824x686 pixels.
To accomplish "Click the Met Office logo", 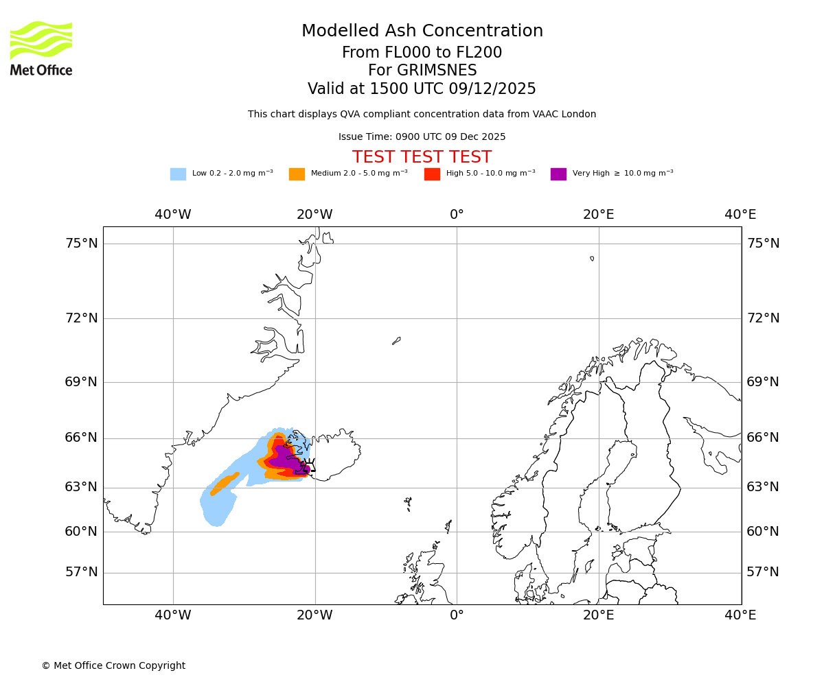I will [41, 48].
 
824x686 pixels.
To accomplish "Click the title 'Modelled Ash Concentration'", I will [422, 32].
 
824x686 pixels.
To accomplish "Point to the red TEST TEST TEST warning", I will [422, 157].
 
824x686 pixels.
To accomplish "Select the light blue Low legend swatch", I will [178, 174].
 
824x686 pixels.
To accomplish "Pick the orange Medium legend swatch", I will [297, 174].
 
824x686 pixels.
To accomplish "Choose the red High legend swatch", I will [432, 174].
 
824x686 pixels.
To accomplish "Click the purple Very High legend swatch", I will [558, 174].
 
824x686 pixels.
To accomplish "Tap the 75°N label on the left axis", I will [81, 244].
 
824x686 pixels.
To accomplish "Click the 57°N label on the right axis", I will [763, 572].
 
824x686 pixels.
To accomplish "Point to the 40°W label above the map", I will [173, 215].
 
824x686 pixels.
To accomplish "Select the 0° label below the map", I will [457, 615].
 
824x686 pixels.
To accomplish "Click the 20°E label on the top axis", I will [599, 215].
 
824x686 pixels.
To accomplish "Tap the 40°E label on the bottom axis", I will [740, 615].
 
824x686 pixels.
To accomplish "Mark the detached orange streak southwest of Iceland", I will [225, 483].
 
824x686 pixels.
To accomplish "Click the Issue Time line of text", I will [422, 137].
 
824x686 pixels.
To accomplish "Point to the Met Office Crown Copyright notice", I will [113, 666].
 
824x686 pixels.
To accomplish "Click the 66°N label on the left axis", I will [81, 438].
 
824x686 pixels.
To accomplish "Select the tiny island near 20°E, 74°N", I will [592, 259].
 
